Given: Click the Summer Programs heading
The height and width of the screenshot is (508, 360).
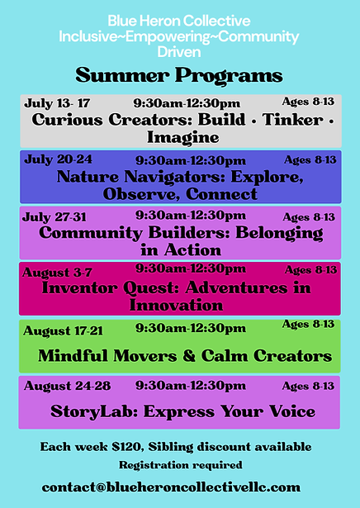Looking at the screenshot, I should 179,77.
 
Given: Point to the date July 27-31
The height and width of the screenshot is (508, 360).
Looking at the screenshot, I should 54,216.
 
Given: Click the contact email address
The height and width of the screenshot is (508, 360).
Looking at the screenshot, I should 171,486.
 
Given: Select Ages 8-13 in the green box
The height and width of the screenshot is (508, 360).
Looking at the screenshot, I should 308,325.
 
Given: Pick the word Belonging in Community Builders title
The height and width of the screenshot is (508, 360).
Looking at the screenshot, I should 280,232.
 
